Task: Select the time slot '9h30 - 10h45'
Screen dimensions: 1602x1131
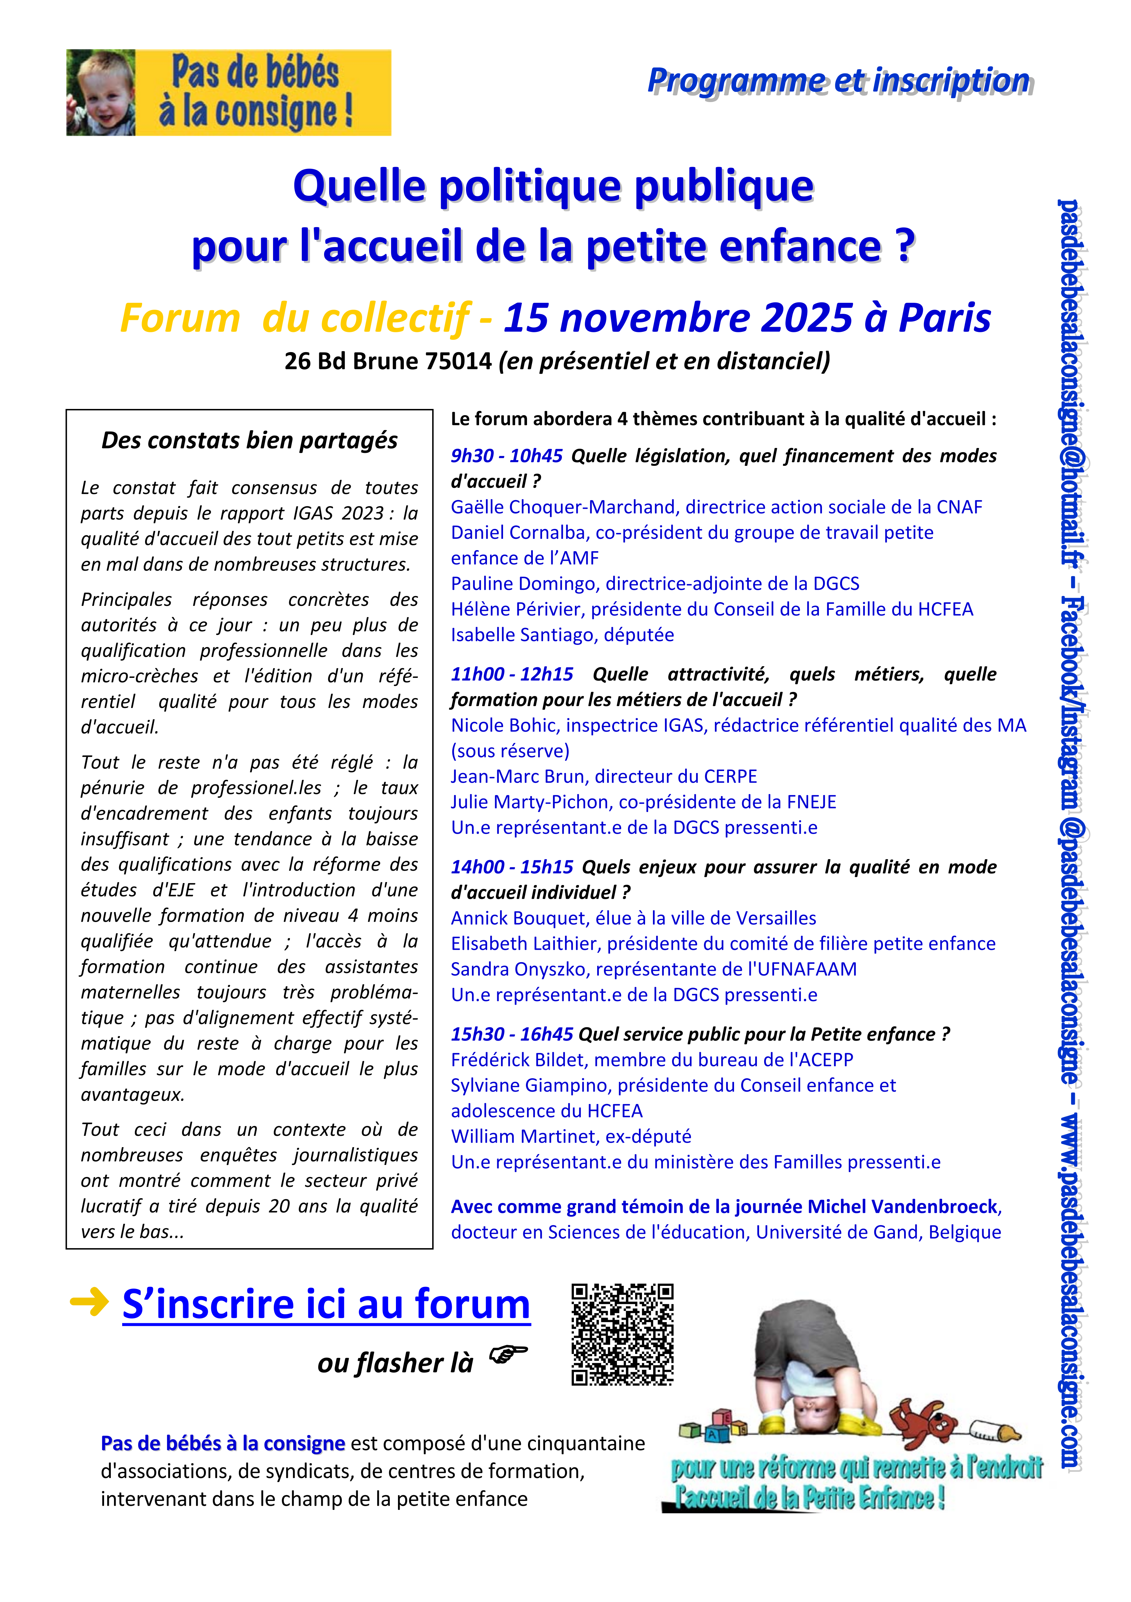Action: coord(506,456)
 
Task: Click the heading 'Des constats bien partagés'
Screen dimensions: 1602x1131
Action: coord(249,440)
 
